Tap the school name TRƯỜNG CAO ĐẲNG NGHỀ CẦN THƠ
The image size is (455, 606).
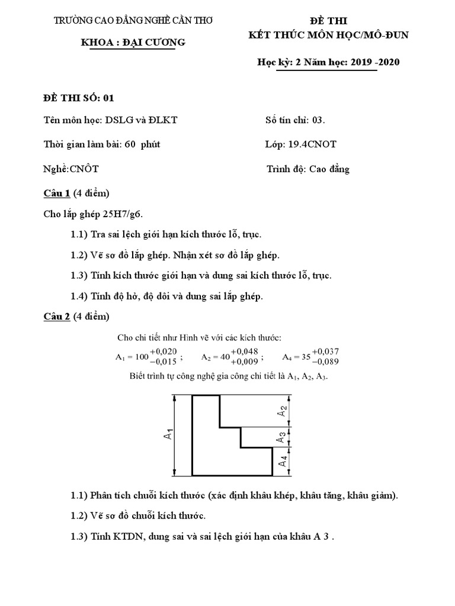[133, 21]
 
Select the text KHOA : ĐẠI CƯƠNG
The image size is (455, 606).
[133, 42]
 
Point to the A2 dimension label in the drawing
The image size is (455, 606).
[283, 411]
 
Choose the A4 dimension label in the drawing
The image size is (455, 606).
[283, 461]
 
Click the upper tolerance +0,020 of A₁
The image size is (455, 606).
[164, 351]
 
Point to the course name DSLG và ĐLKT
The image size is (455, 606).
[141, 120]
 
